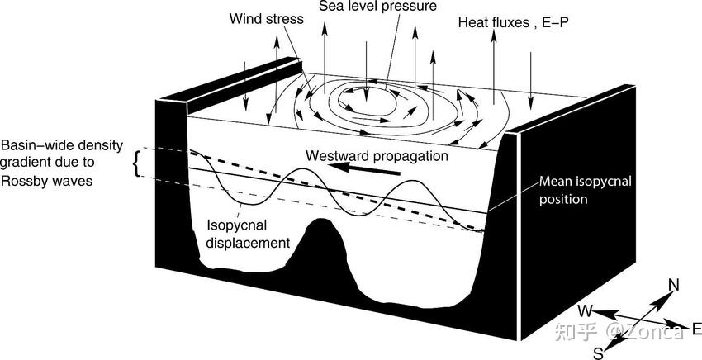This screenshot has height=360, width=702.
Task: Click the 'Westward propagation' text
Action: click(x=377, y=155)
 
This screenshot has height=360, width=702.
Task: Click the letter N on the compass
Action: click(x=673, y=286)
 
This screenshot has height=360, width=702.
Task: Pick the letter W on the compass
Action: click(x=585, y=311)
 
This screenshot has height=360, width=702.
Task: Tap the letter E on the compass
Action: click(x=696, y=329)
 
